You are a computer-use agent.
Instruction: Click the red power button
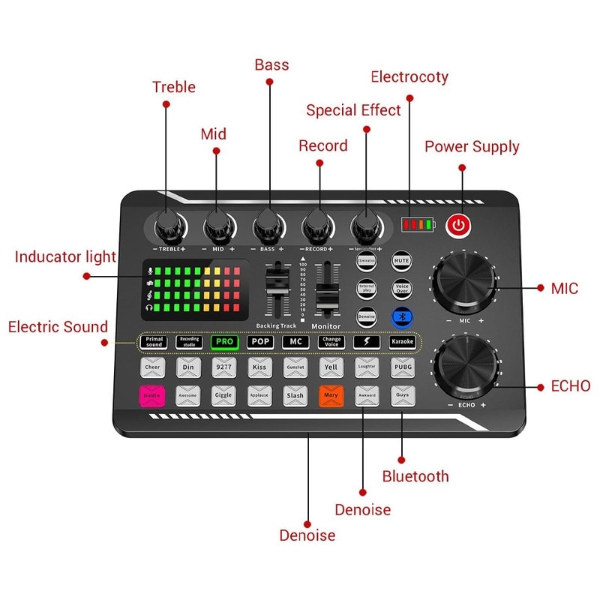click(x=458, y=224)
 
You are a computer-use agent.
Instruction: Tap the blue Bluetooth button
click(x=401, y=316)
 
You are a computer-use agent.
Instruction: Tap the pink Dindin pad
click(x=152, y=395)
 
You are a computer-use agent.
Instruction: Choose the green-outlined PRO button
click(x=224, y=342)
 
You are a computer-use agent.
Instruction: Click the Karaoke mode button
click(x=402, y=342)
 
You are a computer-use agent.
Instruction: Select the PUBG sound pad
click(x=402, y=367)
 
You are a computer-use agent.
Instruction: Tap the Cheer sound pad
click(x=152, y=367)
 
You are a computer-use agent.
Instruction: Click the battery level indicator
click(x=418, y=224)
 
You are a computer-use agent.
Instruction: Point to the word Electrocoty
click(x=409, y=77)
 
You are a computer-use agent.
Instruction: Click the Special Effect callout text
click(x=353, y=110)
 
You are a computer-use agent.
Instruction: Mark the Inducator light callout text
click(x=65, y=257)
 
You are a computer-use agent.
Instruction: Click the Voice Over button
click(x=401, y=288)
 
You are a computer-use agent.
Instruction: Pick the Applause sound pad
click(x=259, y=395)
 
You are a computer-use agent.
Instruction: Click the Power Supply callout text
click(x=472, y=146)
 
